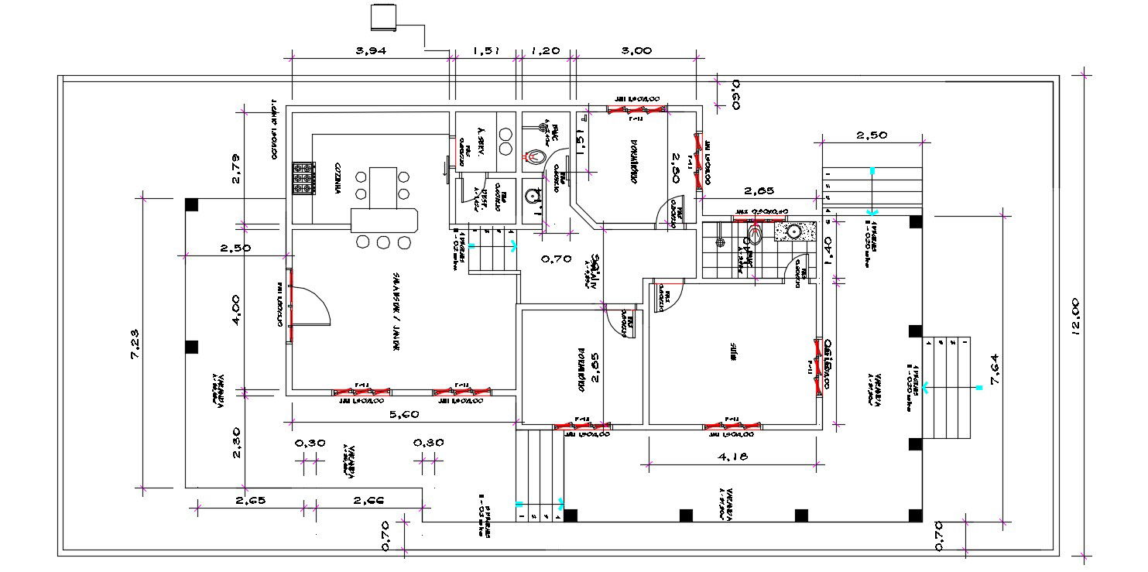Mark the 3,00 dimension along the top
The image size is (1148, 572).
pos(636,50)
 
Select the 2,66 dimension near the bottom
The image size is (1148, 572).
pos(369,501)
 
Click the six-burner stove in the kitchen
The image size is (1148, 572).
pos(303,178)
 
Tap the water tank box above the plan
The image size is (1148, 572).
pos(383,17)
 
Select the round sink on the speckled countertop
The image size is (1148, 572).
pos(793,231)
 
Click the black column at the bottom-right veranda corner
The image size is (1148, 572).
pos(915,515)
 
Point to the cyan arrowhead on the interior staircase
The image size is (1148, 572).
pos(515,246)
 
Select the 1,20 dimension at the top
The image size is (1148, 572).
pos(545,50)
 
